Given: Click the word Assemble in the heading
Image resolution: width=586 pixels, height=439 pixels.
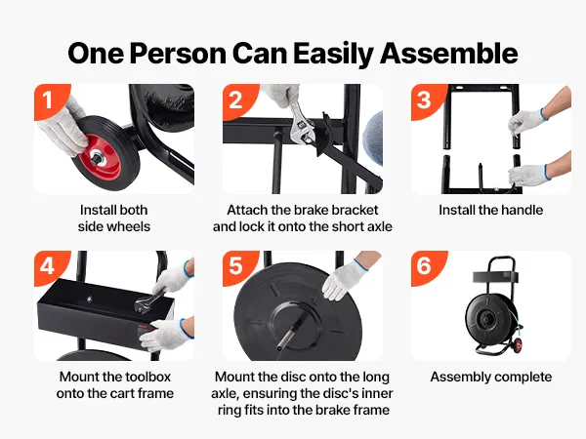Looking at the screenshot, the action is click(449, 54).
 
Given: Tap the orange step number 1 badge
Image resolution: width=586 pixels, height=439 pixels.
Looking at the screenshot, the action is click(50, 100).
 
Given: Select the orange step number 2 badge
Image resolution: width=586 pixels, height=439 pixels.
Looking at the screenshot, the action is click(237, 100).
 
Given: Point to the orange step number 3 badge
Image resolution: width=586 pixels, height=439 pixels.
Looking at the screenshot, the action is click(426, 100).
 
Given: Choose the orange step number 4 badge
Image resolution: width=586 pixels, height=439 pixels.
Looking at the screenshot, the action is click(50, 266).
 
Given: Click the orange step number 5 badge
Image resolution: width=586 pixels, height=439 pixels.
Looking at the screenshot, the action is click(237, 266).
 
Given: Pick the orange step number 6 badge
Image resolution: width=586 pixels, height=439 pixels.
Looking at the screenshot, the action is click(426, 266).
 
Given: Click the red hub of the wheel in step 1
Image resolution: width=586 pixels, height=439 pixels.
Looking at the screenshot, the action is click(101, 157).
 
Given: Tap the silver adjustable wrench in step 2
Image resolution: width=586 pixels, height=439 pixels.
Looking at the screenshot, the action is click(301, 124).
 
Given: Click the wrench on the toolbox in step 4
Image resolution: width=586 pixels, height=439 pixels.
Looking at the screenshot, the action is click(148, 301).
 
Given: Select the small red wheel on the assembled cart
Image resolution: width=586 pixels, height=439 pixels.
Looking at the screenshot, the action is click(518, 345).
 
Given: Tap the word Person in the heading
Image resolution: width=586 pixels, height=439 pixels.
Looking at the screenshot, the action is click(178, 54).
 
